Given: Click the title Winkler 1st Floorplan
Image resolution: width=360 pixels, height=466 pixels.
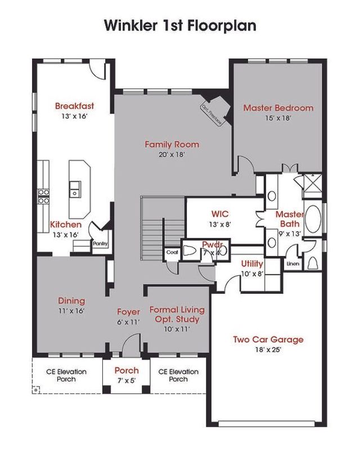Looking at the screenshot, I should [x=179, y=25].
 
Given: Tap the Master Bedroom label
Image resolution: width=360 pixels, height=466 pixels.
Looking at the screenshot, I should [x=278, y=107].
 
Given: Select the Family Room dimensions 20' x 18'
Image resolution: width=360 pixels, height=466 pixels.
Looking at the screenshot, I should [x=172, y=154].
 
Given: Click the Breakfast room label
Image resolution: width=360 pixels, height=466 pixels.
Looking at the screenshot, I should [x=74, y=105].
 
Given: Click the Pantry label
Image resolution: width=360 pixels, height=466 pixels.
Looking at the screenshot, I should [x=100, y=244].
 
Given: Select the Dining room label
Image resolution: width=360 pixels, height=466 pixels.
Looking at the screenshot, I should [x=71, y=301].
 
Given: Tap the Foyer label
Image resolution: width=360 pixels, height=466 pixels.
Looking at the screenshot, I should [x=128, y=311].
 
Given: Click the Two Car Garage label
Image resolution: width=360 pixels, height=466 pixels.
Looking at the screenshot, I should [x=268, y=339].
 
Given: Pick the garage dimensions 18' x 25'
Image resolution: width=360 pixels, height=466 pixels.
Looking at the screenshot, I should [x=268, y=349].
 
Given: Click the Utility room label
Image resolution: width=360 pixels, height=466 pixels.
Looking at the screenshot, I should [x=252, y=263].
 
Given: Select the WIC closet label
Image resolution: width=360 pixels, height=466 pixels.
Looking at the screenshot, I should [x=220, y=214].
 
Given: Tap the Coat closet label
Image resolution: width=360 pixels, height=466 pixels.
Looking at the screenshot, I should [x=172, y=252].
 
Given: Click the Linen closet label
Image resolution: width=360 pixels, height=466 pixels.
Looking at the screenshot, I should [x=292, y=263].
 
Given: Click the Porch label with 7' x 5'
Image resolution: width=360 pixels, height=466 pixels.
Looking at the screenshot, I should [x=127, y=370].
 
